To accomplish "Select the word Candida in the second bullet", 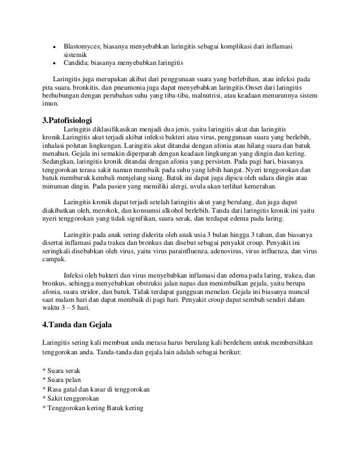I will click(75, 63).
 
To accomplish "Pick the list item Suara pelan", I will click(64, 380).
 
